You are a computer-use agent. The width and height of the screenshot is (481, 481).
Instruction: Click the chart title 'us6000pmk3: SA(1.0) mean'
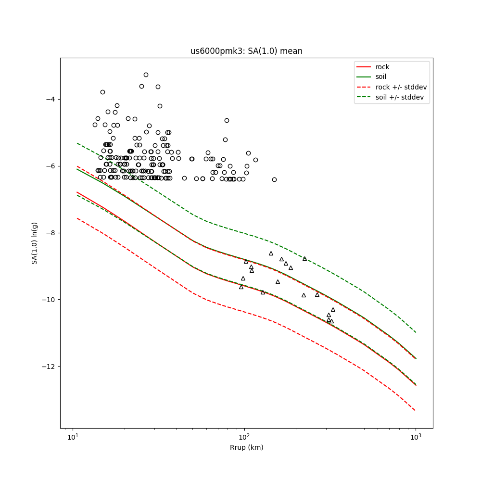click(246, 51)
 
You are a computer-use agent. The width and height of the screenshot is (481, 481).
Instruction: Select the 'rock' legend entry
click(382, 67)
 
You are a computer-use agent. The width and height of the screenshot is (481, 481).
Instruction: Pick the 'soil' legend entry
click(382, 77)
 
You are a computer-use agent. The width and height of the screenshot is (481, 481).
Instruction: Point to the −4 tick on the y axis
click(51, 100)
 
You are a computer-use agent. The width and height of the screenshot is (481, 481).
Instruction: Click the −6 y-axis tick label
click(51, 166)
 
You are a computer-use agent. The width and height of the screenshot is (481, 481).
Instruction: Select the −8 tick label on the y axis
click(51, 233)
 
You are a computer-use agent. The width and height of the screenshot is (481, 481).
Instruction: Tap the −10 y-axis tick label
click(49, 300)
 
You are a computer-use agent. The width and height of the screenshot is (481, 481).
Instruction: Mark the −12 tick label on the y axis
click(49, 367)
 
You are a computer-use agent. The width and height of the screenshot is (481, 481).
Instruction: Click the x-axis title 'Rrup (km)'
click(246, 448)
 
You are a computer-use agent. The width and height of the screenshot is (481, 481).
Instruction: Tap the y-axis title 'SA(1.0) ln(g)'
click(35, 243)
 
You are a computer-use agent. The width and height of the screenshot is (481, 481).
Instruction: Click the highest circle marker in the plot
click(146, 75)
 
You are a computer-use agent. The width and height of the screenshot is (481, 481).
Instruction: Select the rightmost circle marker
click(274, 179)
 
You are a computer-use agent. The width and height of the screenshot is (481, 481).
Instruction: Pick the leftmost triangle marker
click(241, 287)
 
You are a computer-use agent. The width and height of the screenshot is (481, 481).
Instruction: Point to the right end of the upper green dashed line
click(416, 332)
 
